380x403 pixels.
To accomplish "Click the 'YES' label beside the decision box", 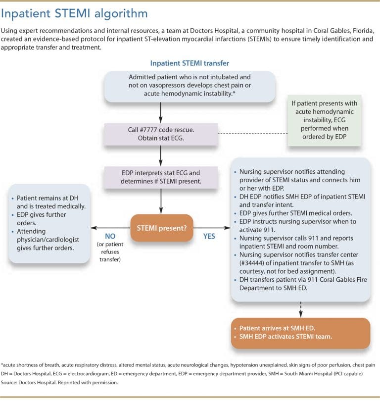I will pos(209,236).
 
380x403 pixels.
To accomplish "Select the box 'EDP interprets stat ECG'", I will pos(161,177).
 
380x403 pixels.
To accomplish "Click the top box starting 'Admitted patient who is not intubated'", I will pos(190,86).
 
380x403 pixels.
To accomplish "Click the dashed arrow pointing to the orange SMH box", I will pos(300,309).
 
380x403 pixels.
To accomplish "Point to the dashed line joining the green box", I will pos(253,134).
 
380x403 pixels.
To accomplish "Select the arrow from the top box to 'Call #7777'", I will pos(161,111).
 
